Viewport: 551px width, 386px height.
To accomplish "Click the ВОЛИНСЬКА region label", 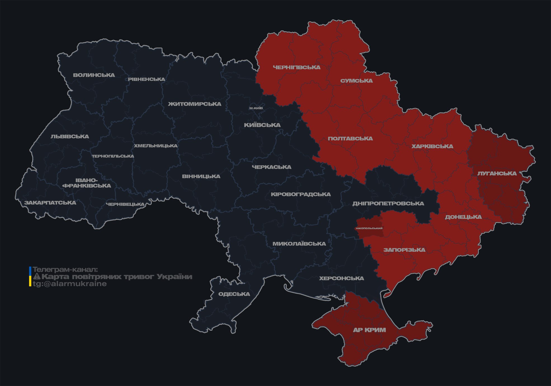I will [x=94, y=75].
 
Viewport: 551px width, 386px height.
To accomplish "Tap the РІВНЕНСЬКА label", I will [x=146, y=79].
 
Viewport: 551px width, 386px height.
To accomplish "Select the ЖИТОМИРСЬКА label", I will [x=195, y=104].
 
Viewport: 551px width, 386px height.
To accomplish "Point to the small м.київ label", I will [x=256, y=108].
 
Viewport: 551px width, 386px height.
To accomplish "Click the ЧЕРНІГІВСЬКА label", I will [x=297, y=67].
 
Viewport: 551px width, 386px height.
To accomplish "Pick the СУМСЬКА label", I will [x=356, y=81].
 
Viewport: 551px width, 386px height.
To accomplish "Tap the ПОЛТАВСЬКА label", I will [x=350, y=139].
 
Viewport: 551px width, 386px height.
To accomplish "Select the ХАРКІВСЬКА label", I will [x=432, y=146].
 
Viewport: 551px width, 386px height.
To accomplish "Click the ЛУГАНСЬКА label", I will [x=497, y=174].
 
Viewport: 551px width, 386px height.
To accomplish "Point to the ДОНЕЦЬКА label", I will [x=463, y=217].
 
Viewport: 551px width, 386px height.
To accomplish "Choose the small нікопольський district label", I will [x=369, y=228].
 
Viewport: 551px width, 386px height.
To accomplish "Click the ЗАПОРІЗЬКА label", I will [x=404, y=250].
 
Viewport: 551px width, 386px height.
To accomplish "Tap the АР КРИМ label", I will [x=369, y=330].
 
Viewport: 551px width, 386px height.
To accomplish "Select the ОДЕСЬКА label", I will [x=234, y=294].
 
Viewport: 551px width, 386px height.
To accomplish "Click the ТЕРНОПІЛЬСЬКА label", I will [x=113, y=156].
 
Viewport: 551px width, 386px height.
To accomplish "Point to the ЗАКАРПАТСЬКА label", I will [x=50, y=203].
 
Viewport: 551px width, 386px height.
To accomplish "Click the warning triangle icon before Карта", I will [x=37, y=277].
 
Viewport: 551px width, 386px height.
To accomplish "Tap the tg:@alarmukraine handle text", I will [x=70, y=284].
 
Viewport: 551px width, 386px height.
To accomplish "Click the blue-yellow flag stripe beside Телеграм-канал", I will [x=30, y=277].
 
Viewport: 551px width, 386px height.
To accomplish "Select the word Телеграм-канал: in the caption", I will [x=65, y=270].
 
